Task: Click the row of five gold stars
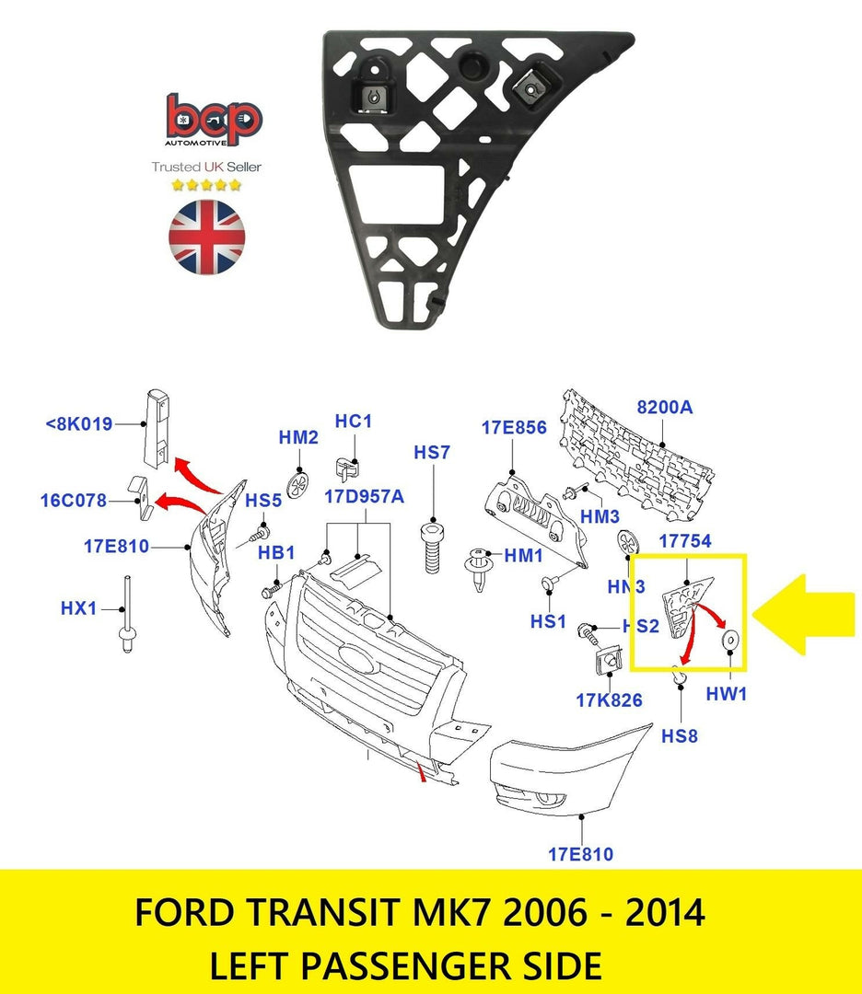pyautogui.click(x=206, y=185)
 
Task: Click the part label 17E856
pyautogui.click(x=514, y=427)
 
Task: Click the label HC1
pyautogui.click(x=354, y=421)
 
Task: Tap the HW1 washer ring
pyautogui.click(x=729, y=641)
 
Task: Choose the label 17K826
pyautogui.click(x=609, y=700)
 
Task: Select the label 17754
pyautogui.click(x=686, y=542)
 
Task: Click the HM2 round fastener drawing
pyautogui.click(x=299, y=483)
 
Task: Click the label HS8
pyautogui.click(x=680, y=736)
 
